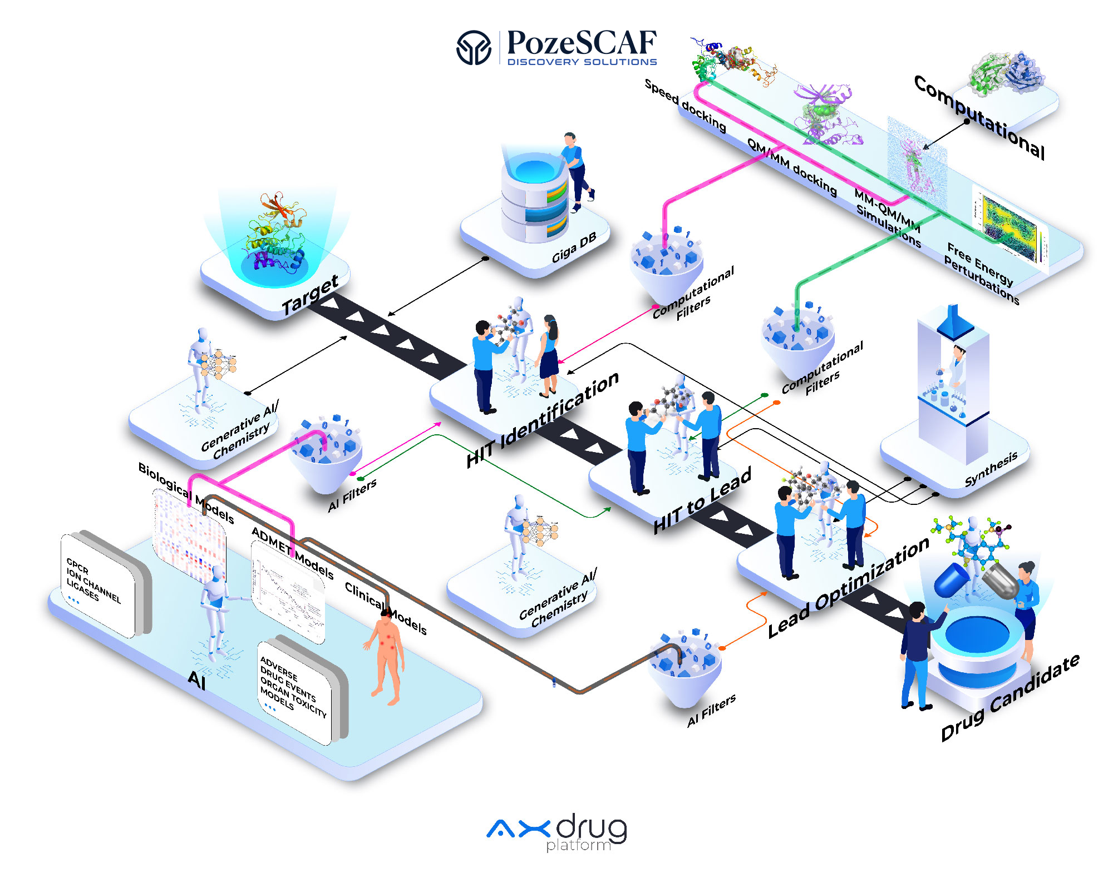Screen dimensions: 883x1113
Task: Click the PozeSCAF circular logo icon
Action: point(474,47)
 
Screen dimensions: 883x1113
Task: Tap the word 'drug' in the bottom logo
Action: point(591,829)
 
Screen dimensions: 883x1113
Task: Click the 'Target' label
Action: point(310,295)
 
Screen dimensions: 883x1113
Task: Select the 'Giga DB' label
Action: point(574,247)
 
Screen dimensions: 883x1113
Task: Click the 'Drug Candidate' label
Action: point(1010,698)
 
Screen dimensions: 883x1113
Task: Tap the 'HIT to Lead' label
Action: point(702,500)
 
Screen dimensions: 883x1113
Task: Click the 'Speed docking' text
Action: point(685,106)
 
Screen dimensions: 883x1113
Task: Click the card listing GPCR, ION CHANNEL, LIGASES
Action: point(98,584)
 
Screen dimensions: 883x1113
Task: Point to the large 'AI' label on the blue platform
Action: point(197,679)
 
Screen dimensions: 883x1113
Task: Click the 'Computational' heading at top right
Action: point(979,117)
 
